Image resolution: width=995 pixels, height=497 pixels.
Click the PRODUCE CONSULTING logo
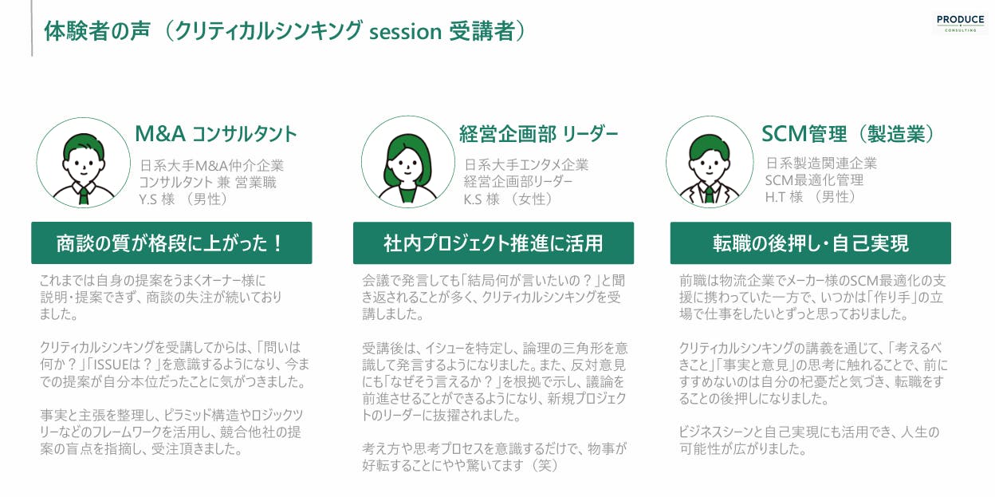point(961,23)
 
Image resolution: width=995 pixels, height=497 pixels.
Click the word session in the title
point(405,32)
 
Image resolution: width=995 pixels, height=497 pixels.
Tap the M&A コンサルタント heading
point(216,134)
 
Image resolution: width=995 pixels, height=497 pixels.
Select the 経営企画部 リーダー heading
point(538,134)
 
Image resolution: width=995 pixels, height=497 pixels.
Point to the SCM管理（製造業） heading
point(849,134)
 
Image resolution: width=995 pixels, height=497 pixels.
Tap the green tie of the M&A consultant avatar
point(84,195)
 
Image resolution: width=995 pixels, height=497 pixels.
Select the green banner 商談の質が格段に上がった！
point(171,243)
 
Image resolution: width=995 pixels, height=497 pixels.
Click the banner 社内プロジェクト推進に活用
point(494,243)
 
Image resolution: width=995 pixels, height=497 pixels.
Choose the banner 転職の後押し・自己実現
point(811,243)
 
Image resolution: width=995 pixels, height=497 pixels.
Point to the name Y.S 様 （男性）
point(183,199)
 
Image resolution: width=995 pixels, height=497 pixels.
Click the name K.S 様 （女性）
point(508,199)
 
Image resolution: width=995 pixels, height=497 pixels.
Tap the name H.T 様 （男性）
point(810,197)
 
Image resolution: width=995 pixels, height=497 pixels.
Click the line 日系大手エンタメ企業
point(526,165)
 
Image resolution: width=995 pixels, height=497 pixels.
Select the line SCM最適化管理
point(814,180)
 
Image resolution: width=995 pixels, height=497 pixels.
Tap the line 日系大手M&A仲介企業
point(212,165)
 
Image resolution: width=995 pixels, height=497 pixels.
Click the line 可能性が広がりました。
point(743,449)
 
